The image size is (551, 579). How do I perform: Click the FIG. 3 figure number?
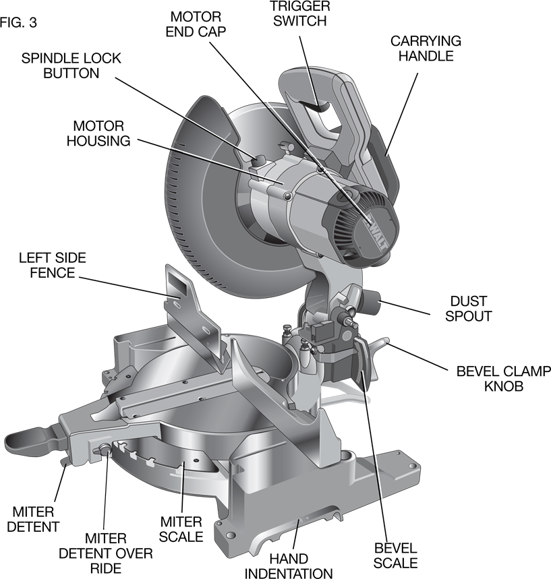click(x=18, y=23)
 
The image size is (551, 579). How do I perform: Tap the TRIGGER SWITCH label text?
click(x=299, y=13)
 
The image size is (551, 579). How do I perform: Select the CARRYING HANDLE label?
click(x=426, y=49)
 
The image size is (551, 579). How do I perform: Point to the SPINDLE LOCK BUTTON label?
click(x=71, y=66)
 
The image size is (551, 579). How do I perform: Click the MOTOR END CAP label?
click(x=196, y=24)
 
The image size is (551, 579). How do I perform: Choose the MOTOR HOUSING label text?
click(x=98, y=133)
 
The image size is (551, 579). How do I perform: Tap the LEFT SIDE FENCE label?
click(x=53, y=265)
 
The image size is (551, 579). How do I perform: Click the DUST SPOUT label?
click(x=469, y=309)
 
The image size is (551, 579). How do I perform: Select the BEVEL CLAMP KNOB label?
click(x=503, y=379)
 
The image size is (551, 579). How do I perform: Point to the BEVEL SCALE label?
click(x=395, y=555)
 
